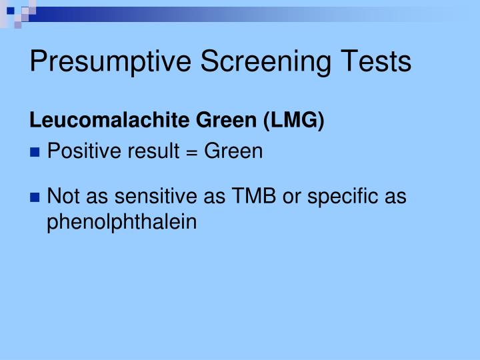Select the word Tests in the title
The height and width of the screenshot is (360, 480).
[x=378, y=61]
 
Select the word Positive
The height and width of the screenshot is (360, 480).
[x=78, y=153]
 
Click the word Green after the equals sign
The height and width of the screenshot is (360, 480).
[x=233, y=153]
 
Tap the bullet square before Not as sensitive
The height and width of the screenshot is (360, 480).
[x=35, y=198]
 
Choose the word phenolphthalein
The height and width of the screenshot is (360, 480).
[x=122, y=222]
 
